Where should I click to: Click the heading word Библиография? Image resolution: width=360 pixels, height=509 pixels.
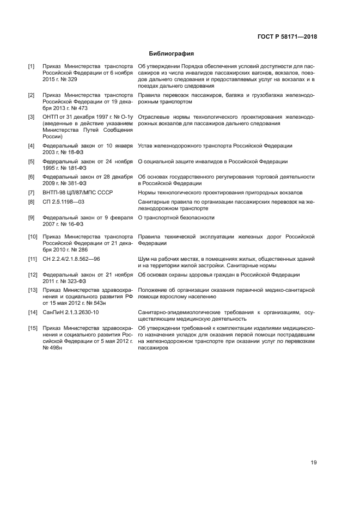pos(172,54)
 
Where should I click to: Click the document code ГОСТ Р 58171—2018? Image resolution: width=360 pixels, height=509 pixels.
pos(287,37)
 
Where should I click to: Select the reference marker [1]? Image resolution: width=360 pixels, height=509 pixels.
pos(32,66)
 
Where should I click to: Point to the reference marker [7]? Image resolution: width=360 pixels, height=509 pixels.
pos(32,192)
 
